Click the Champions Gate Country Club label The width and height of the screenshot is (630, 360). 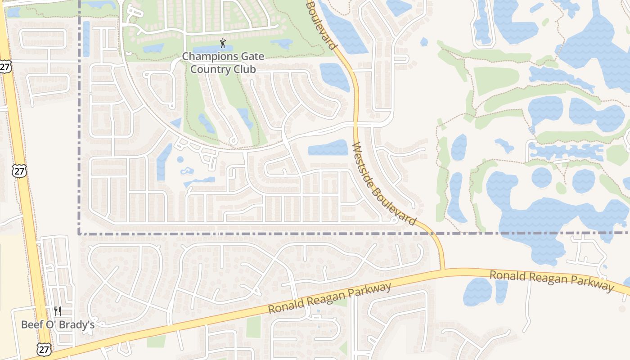[223, 63]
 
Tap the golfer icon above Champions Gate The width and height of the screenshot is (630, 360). [222, 43]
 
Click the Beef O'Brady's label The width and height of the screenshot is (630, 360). [58, 324]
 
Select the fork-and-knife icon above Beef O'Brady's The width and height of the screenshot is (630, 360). [58, 311]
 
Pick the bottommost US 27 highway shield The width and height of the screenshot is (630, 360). [44, 349]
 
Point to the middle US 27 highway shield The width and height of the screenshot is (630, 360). [20, 171]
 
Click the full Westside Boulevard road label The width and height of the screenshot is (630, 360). [383, 184]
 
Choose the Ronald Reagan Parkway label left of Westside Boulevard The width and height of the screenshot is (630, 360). [329, 298]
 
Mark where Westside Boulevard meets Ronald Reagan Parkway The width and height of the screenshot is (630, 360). [443, 270]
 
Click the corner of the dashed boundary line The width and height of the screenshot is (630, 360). [80, 234]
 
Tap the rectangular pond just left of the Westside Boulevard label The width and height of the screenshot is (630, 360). [328, 148]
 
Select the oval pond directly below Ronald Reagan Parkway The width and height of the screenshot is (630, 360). [477, 292]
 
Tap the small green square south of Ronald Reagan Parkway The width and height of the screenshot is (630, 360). [253, 327]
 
